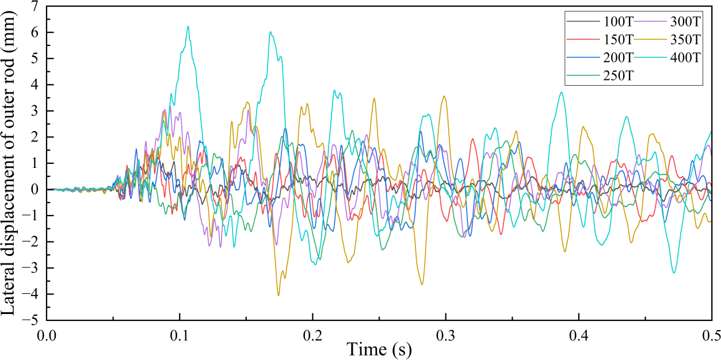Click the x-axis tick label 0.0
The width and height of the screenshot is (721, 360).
[47, 334]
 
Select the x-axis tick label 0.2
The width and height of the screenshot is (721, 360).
[312, 334]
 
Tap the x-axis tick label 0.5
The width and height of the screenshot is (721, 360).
[711, 334]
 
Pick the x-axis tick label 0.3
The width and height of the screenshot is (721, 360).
[445, 334]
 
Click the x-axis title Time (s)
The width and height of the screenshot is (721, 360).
[379, 348]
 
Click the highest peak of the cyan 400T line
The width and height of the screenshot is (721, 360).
[188, 26]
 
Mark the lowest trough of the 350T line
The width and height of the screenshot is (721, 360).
[279, 296]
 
